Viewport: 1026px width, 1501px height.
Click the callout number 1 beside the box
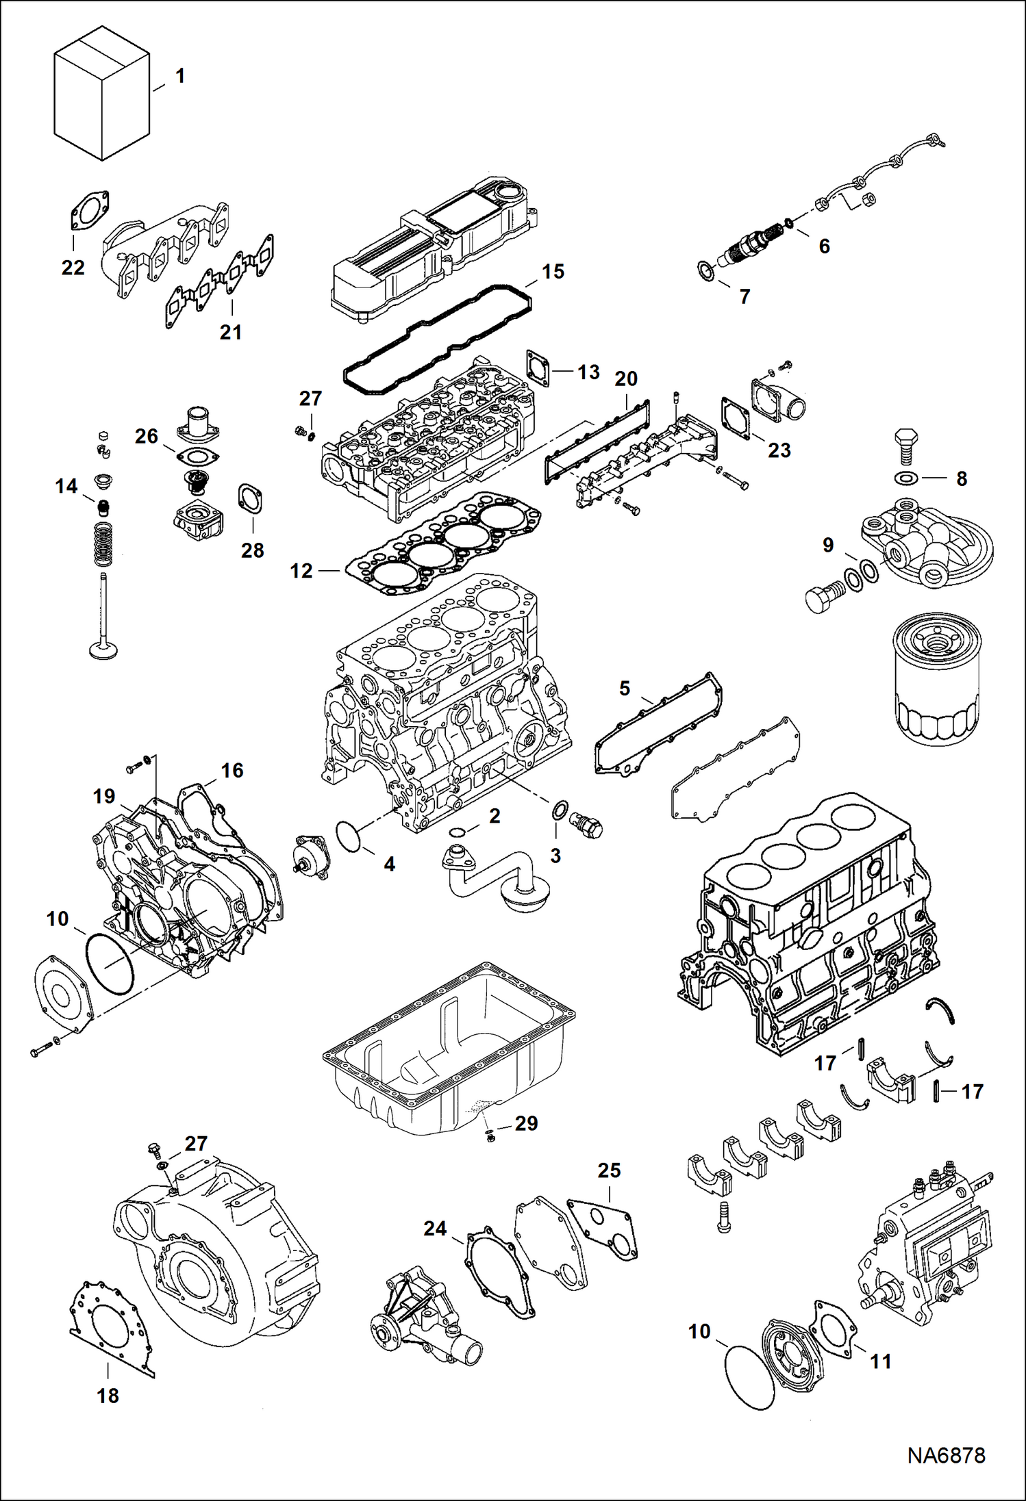[180, 76]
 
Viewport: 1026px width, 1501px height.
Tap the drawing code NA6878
[946, 1455]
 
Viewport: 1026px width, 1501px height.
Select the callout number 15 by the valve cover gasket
[553, 272]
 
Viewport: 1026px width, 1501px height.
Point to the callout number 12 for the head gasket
[301, 571]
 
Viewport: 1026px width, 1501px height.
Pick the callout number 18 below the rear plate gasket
[108, 1396]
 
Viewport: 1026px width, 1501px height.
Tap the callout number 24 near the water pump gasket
[435, 1229]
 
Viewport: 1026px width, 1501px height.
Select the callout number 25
[609, 1170]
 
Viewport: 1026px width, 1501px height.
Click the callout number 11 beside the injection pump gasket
[881, 1361]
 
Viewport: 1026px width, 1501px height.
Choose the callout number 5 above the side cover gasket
[624, 688]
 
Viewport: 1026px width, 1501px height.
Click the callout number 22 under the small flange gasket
[73, 268]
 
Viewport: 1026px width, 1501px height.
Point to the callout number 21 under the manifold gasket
[231, 332]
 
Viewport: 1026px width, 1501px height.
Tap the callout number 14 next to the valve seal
[66, 487]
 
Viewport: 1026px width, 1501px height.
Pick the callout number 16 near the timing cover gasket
[232, 771]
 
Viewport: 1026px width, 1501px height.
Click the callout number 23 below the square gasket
[779, 450]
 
